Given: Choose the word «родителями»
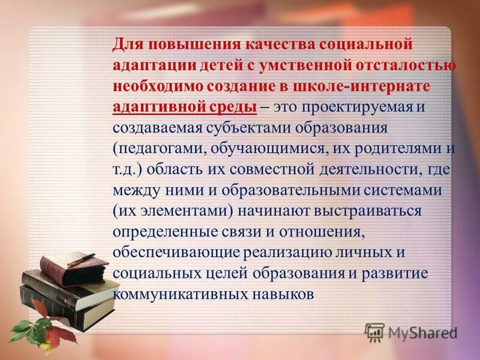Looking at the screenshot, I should [x=399, y=149].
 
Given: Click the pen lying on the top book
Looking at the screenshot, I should [x=82, y=259].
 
